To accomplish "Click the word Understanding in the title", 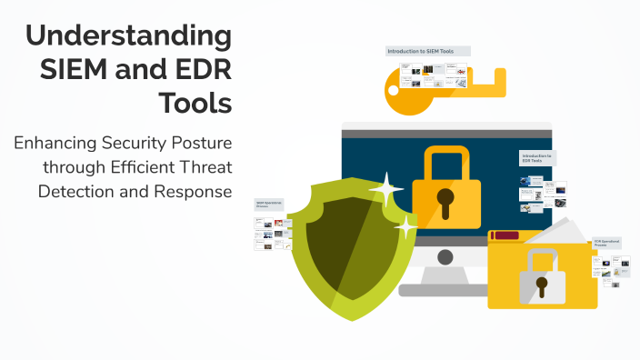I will tap(128, 37).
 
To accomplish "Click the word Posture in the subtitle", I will tap(200, 144).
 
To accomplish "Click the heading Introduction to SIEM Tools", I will tap(421, 52).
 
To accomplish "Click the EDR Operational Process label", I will tap(606, 244).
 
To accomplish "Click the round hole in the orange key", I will tap(392, 90).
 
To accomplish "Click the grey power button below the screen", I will tap(445, 257).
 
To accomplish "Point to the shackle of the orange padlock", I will tap(445, 159).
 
